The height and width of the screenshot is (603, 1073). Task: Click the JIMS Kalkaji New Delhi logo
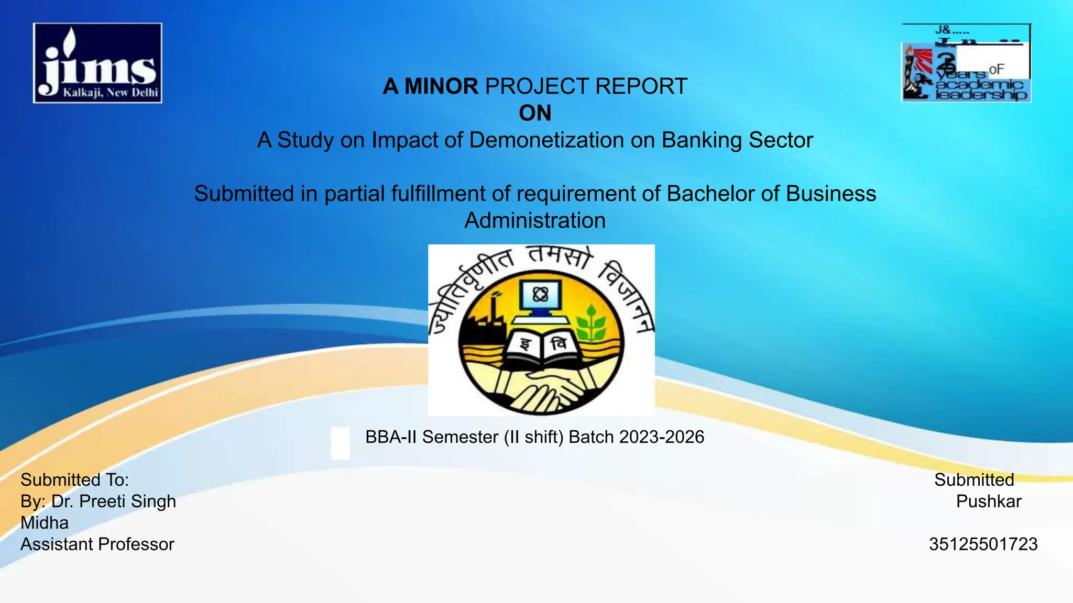pos(97,63)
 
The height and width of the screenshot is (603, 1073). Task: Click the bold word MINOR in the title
pos(441,86)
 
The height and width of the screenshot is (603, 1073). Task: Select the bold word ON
pos(535,113)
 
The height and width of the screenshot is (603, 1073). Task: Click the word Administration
pos(535,220)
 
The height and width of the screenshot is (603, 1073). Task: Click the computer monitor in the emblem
pos(540,297)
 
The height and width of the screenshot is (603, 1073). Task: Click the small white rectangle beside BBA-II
pos(341,443)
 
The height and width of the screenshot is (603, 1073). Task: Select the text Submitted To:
pos(74,480)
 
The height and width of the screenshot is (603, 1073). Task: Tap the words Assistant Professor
pos(97,544)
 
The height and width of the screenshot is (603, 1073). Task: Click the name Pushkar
pos(989,501)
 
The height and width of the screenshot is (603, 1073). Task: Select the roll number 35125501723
pos(983,544)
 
